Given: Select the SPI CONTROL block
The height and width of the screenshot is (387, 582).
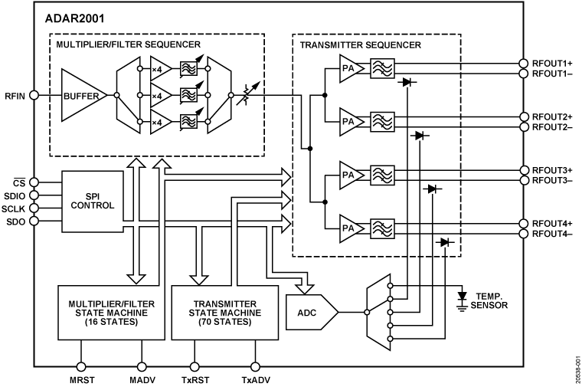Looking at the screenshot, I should pyautogui.click(x=92, y=201).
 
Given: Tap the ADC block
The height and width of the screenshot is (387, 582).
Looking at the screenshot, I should pyautogui.click(x=309, y=311).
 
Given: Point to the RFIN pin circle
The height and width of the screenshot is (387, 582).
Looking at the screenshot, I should pyautogui.click(x=34, y=96).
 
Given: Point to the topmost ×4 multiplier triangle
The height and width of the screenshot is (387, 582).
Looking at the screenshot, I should pyautogui.click(x=159, y=68).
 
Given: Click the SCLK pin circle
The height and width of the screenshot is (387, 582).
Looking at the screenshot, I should pyautogui.click(x=34, y=208).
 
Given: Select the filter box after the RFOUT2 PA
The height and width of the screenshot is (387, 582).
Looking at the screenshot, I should pyautogui.click(x=381, y=121).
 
